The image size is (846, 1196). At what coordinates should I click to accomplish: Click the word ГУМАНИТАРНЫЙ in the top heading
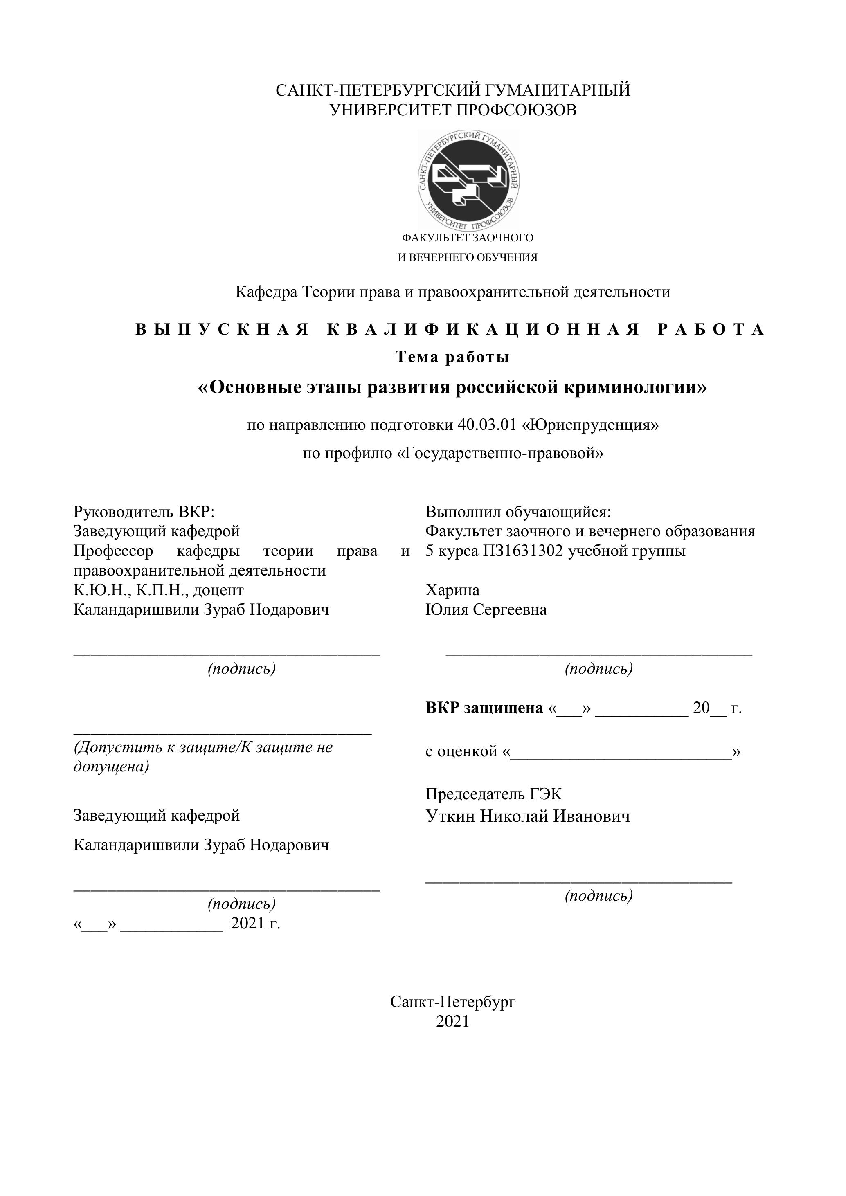pyautogui.click(x=558, y=90)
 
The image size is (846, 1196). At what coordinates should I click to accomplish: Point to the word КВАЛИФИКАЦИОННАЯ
pyautogui.click(x=484, y=330)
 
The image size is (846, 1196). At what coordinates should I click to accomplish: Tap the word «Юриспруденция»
pyautogui.click(x=590, y=425)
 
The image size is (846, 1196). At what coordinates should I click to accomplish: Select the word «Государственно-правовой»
pyautogui.click(x=500, y=453)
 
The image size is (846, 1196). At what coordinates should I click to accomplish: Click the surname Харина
pyautogui.click(x=452, y=590)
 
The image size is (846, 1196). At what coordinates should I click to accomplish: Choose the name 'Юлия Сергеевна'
pyautogui.click(x=486, y=609)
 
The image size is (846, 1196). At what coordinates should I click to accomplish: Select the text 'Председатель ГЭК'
pyautogui.click(x=493, y=794)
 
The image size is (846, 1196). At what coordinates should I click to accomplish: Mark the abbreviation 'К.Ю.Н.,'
pyautogui.click(x=102, y=590)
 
